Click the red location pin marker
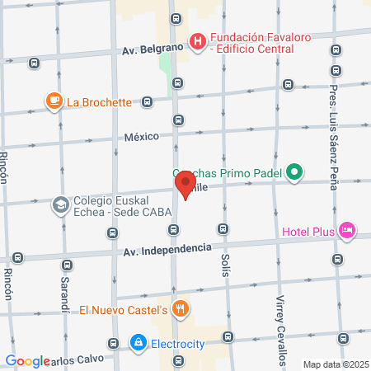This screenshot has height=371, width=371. [x=185, y=184]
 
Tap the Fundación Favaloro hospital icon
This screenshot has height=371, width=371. [x=198, y=40]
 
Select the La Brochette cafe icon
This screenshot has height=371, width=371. [x=54, y=102]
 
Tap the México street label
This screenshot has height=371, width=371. [x=141, y=137]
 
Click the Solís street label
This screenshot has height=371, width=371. [x=225, y=265]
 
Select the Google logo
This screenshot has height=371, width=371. [x=27, y=360]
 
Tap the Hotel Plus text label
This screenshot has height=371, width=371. [x=308, y=232]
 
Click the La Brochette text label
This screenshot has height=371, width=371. [x=99, y=103]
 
